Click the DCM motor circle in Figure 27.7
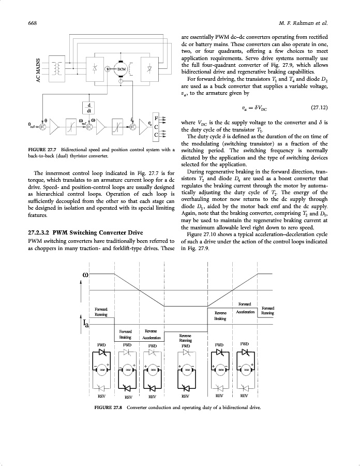121,68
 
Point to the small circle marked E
108,68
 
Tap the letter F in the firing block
156,119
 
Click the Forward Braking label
126,334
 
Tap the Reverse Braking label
220,316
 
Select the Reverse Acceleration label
151,334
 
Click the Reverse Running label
186,338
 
